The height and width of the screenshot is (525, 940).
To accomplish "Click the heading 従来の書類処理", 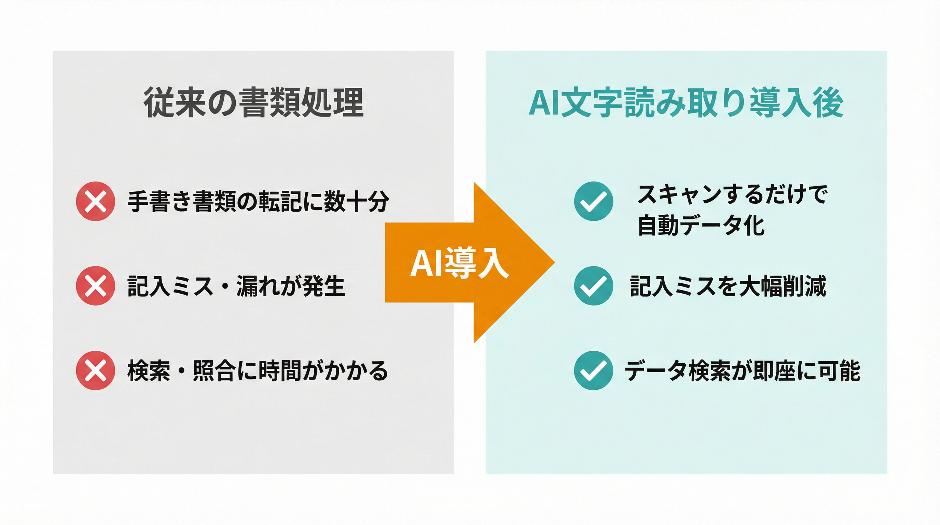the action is pos(253,103).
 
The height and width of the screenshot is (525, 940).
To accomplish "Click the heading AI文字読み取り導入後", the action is pos(686,103).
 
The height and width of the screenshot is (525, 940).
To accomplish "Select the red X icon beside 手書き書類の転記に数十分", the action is pos(96,201).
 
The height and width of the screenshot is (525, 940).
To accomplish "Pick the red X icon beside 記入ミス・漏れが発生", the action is pos(96,285).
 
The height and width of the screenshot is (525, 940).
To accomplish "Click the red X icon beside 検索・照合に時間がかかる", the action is pos(96,370).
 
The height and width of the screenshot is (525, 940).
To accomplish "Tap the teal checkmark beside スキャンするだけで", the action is pos(593,201).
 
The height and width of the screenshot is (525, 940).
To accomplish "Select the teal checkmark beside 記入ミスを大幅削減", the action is pos(593,285).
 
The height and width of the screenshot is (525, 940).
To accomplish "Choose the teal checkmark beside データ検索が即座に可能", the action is pos(593,370).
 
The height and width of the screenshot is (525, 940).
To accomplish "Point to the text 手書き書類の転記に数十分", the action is pos(258,201).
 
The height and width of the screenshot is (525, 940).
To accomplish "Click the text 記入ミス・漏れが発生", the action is pos(236,286).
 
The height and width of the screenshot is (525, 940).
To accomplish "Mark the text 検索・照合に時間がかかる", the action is pos(257,371).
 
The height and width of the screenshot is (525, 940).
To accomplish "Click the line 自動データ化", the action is pos(701,225).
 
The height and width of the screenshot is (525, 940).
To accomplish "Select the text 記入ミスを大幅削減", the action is pos(728,286).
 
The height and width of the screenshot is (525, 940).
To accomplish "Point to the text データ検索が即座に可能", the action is pos(742,371).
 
